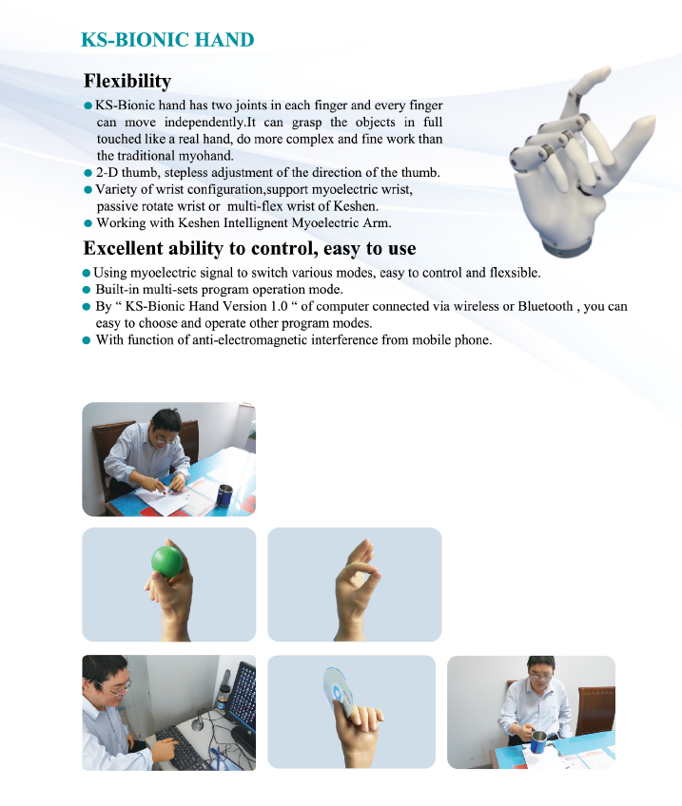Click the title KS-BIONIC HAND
pos(167,40)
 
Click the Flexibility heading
pos(127,81)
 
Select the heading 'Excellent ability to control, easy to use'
pos(249,248)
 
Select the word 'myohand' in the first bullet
pos(205,155)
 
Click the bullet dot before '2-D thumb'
pos(88,173)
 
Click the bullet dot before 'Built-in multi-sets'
pos(88,289)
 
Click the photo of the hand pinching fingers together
pos(354,584)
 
